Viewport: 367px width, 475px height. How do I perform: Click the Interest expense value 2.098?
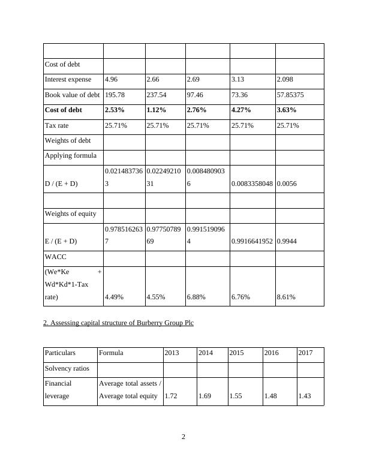pyautogui.click(x=286, y=79)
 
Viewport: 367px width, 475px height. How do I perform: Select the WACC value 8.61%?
pyautogui.click(x=286, y=296)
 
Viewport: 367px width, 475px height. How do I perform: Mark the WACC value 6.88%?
pyautogui.click(x=196, y=296)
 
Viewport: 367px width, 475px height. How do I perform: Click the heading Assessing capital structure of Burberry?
pyautogui.click(x=118, y=323)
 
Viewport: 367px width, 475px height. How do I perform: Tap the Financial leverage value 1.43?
pyautogui.click(x=305, y=396)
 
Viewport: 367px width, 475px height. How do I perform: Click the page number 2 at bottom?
pyautogui.click(x=183, y=437)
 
